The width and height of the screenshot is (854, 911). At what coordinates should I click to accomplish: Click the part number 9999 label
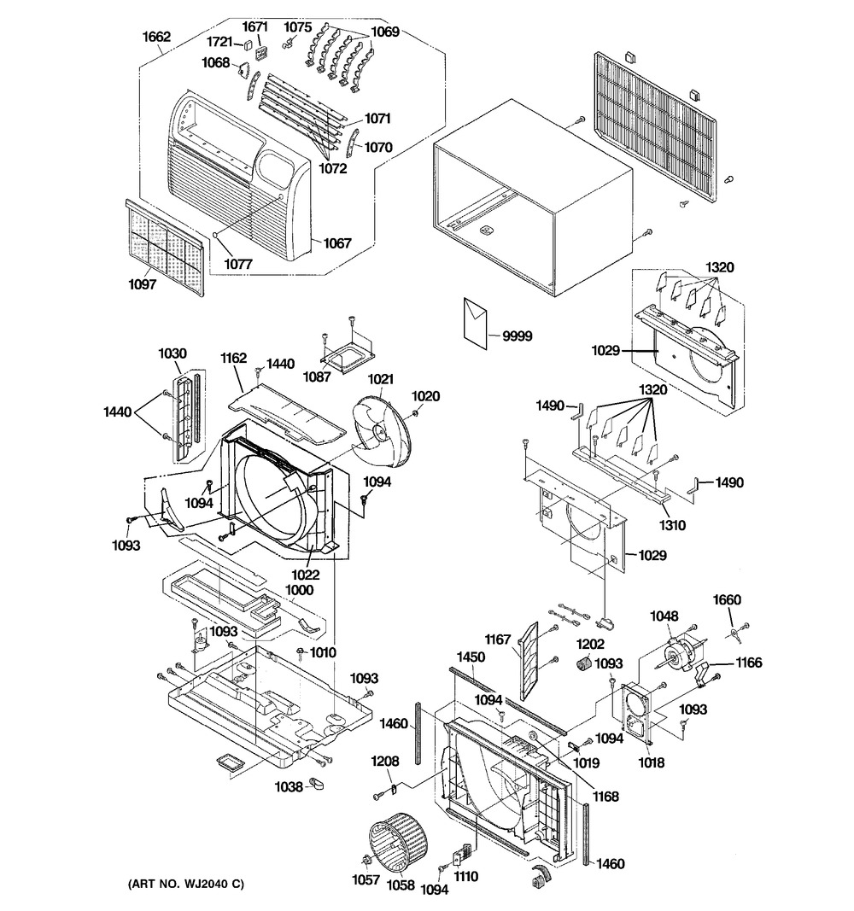pos(517,336)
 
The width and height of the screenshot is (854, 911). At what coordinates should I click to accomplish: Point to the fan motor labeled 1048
pos(677,654)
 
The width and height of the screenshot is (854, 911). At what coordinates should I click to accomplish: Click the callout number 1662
pos(157,37)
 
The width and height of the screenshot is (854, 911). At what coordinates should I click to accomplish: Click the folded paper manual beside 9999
pos(475,323)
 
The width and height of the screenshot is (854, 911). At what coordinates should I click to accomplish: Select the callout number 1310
pos(672,525)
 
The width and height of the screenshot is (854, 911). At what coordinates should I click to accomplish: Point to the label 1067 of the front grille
pos(337,242)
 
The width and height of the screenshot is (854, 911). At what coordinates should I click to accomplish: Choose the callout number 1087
pos(317,377)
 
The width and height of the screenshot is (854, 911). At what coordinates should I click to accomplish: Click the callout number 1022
pos(306,575)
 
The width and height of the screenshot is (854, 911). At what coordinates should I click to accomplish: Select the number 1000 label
pos(299,590)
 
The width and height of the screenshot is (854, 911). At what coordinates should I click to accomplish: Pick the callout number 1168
pos(606,796)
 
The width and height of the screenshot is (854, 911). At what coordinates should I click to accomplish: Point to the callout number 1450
pos(471,657)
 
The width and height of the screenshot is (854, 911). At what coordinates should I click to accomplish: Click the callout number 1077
pos(238,265)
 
